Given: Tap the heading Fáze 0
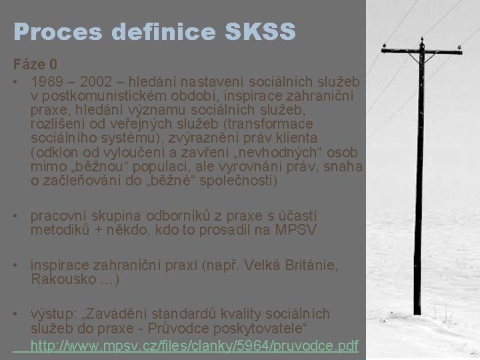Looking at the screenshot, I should coord(35,65).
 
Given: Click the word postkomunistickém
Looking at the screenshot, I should coord(100,96).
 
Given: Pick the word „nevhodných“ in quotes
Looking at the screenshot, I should coord(241,153).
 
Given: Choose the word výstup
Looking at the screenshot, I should coord(54,314).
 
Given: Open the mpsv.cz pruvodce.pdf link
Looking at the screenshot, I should coord(194,345).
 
